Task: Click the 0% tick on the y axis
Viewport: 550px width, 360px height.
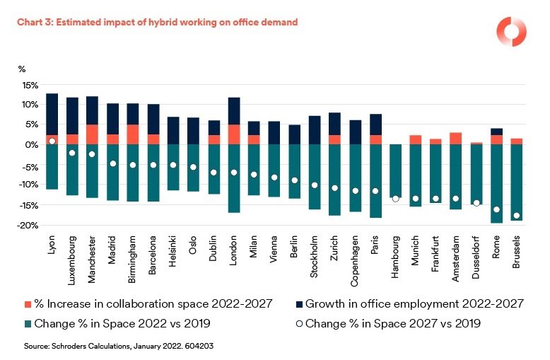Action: (x=32, y=144)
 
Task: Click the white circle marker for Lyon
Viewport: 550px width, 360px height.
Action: (x=52, y=141)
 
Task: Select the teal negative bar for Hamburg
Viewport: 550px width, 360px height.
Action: (x=395, y=170)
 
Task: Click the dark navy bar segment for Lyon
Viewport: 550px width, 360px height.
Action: (x=52, y=113)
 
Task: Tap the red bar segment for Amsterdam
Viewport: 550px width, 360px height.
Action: (x=456, y=138)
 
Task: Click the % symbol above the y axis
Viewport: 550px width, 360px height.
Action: (x=22, y=69)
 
